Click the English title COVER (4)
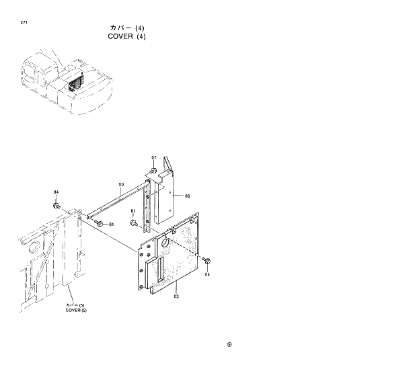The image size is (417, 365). (126, 36)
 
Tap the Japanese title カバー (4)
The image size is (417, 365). (127, 28)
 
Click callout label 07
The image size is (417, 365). (153, 158)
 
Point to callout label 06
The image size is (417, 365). (187, 196)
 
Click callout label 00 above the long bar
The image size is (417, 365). (121, 184)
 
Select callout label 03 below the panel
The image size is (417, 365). (176, 295)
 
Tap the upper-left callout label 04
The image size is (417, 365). (56, 192)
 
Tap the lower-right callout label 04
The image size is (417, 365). (207, 274)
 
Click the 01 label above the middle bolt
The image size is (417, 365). (133, 212)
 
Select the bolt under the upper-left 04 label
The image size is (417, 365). (57, 204)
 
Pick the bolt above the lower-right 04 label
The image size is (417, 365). (206, 261)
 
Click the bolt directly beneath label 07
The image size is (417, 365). (153, 171)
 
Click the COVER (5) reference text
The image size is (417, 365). (76, 309)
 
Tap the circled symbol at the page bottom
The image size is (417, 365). (229, 347)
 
